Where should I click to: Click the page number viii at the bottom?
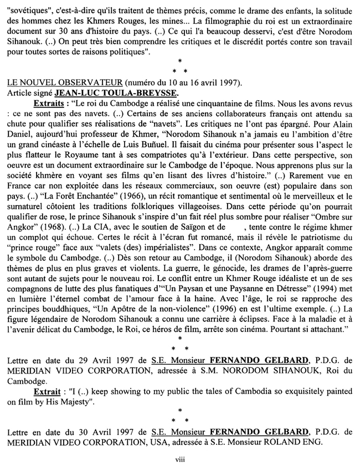coord(180,458)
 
